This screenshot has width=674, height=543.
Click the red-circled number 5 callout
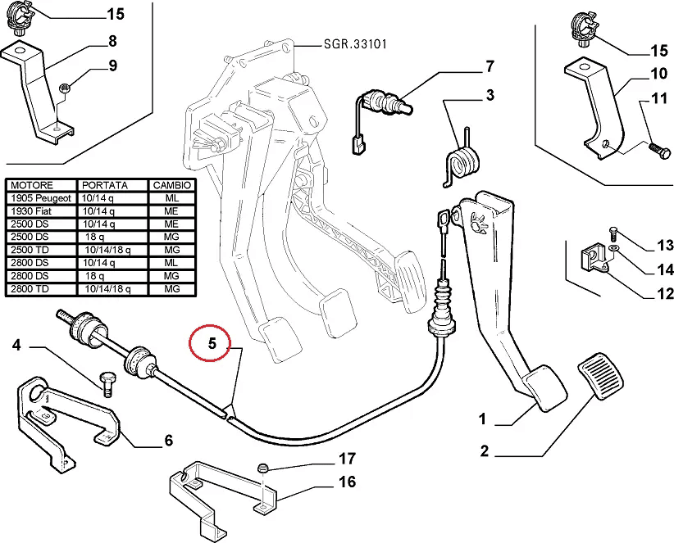pos(211,345)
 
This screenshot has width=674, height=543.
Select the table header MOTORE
pos(30,186)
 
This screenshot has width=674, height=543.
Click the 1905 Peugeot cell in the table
pos(41,198)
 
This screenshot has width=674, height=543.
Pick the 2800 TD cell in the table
pos(31,289)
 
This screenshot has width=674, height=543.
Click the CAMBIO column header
pos(171,186)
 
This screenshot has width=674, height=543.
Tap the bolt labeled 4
pos(105,381)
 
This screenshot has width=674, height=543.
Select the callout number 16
pos(347,482)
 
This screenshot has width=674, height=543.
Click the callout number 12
pos(664,294)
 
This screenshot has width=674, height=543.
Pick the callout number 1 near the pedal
pos(483,419)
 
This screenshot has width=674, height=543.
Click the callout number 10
pos(658,74)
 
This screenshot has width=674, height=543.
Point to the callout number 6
pos(168,441)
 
